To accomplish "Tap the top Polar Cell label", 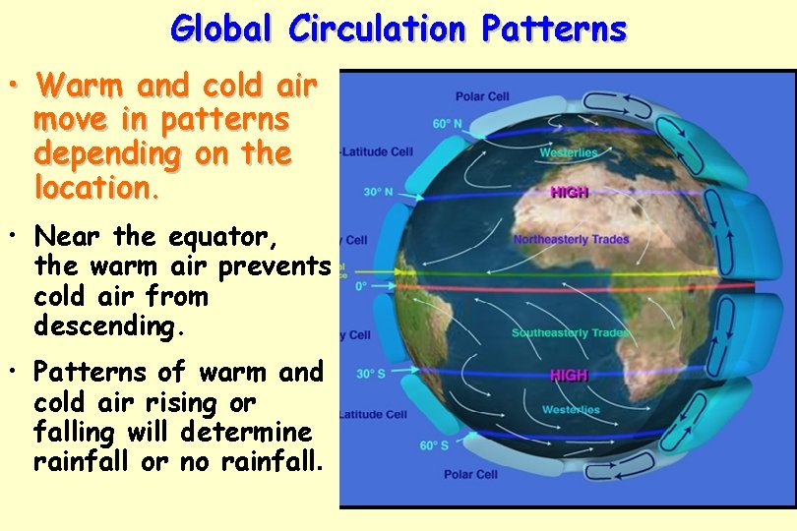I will click(x=482, y=96).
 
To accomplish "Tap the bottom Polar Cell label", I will click(x=470, y=475).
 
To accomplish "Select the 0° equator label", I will click(x=360, y=286).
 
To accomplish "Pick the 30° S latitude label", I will click(x=371, y=374).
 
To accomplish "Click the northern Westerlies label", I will click(x=568, y=152).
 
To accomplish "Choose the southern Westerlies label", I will click(x=571, y=409).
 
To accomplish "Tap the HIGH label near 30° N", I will click(x=569, y=193).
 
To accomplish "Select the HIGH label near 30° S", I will click(x=569, y=376).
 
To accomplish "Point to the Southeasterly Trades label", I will click(x=570, y=333).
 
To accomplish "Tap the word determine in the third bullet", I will click(x=267, y=433).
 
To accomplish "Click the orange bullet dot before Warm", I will click(x=16, y=88).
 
